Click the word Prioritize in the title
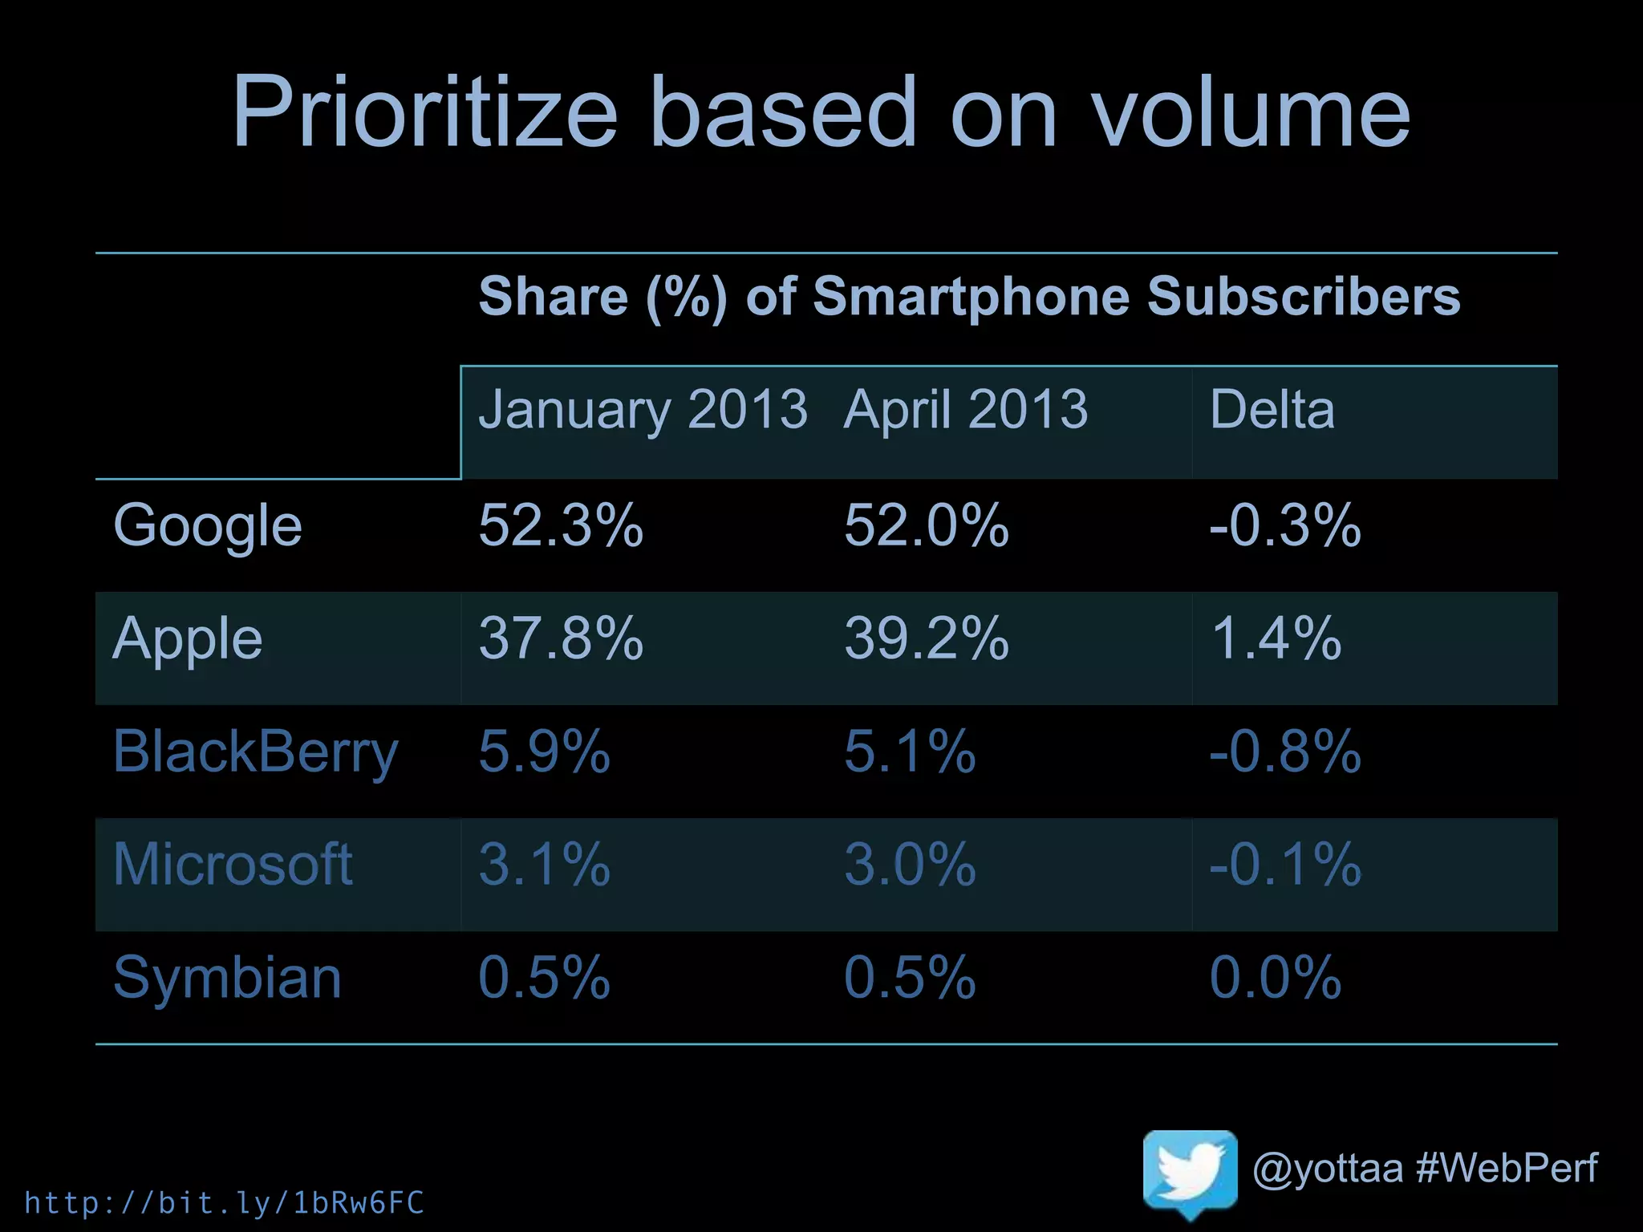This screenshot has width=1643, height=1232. point(424,111)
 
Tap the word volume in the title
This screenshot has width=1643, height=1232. point(1251,111)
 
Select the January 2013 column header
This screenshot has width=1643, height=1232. point(643,410)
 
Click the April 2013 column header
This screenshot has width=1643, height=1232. point(966,410)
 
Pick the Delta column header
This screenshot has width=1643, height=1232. point(1272,410)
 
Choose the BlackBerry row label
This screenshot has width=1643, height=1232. point(255,752)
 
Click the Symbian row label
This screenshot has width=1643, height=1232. point(227,978)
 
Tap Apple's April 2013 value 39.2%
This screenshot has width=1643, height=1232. point(926,639)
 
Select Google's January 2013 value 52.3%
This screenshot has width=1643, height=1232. point(561,526)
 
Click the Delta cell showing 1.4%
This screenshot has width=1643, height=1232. point(1276,639)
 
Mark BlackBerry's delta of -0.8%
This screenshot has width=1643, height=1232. point(1284,752)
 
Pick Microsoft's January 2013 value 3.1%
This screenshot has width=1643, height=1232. point(544,865)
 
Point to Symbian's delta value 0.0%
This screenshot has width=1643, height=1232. point(1275,978)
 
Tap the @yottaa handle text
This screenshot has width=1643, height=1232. point(1327,1169)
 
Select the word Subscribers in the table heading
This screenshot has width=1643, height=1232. point(1304,297)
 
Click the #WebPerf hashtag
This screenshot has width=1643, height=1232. point(1507,1168)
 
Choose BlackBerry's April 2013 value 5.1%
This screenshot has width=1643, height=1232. point(909,752)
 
